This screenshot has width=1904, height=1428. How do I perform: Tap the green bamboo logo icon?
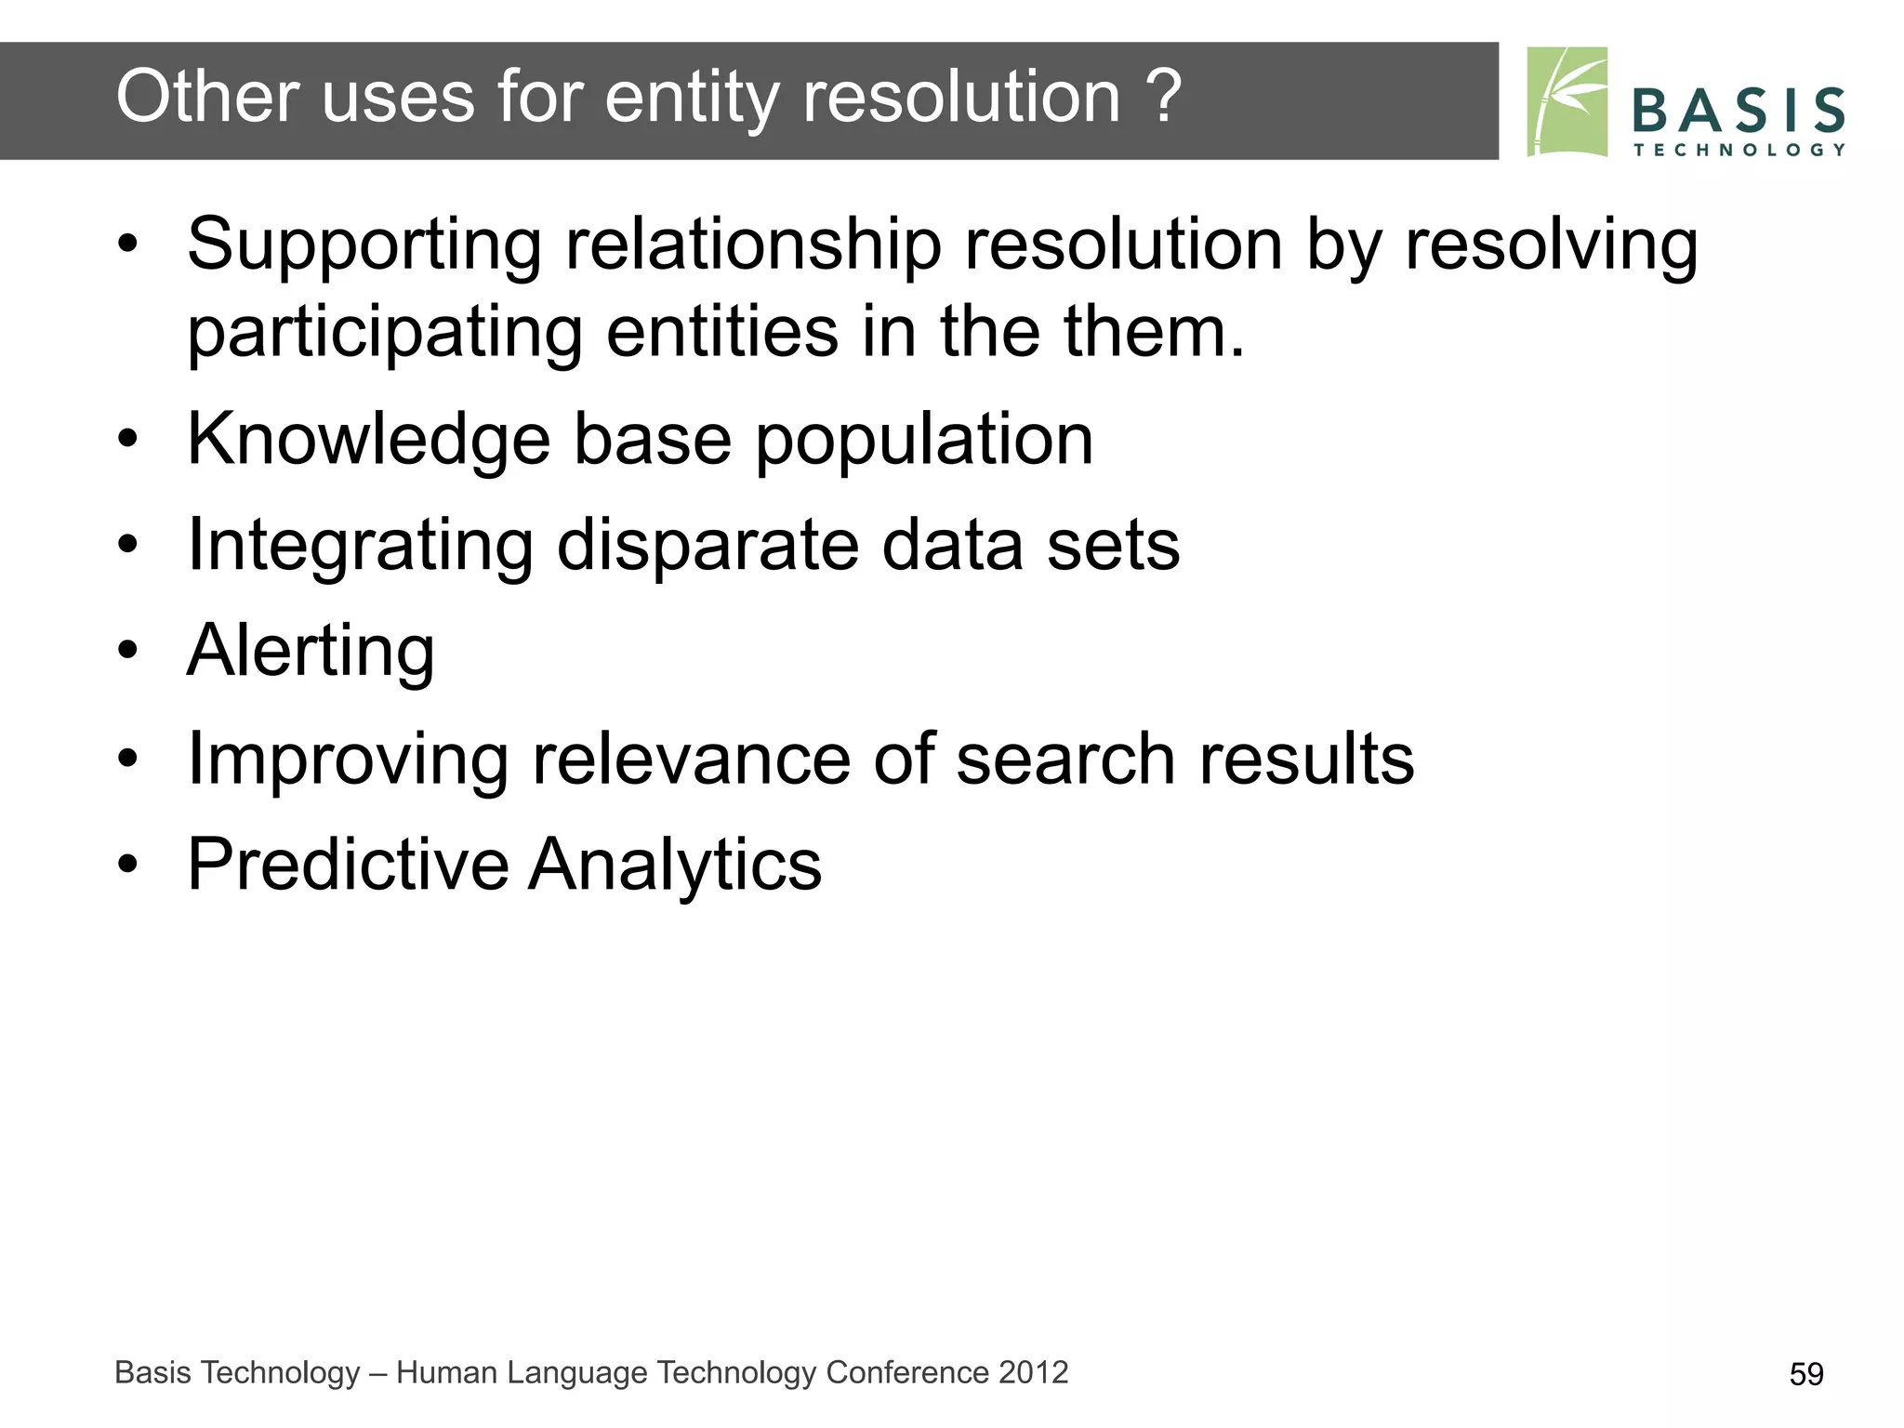[x=1567, y=101]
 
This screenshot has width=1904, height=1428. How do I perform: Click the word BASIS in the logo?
[x=1738, y=111]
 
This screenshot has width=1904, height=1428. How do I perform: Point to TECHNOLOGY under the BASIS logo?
[x=1739, y=150]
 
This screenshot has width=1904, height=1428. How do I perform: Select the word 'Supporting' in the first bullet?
[x=364, y=245]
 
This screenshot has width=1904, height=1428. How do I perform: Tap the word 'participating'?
[x=385, y=333]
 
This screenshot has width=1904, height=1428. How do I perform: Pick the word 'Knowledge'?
[x=369, y=439]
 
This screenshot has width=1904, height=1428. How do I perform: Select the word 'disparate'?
[x=707, y=545]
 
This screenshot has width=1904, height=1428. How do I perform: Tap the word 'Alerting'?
[x=311, y=651]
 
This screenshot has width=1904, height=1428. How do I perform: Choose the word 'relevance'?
[x=690, y=759]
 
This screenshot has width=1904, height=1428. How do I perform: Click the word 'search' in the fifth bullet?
[x=1064, y=759]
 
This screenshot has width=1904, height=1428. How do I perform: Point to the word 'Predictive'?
[x=348, y=864]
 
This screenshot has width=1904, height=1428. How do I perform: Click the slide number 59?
[x=1805, y=1374]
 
